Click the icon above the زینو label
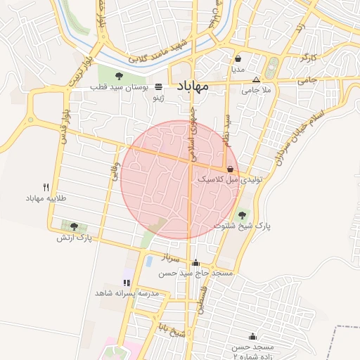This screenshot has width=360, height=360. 159,87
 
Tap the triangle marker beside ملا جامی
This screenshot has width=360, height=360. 256,79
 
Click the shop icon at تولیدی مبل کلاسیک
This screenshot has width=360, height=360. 231,169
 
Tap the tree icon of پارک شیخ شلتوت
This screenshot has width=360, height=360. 243,215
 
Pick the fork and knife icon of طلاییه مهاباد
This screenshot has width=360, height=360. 46,187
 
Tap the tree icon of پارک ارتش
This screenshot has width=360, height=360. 74,226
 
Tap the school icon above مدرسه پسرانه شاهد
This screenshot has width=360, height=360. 127,282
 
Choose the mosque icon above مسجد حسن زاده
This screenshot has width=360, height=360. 252,337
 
